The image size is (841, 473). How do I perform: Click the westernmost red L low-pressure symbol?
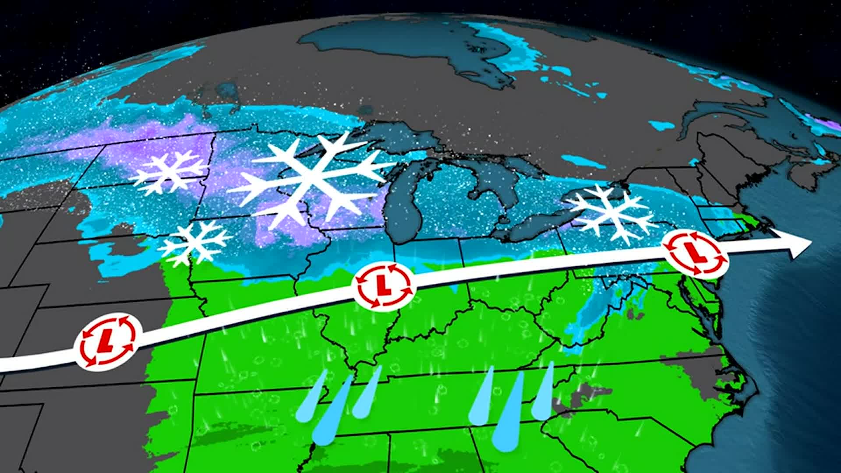point(108,340)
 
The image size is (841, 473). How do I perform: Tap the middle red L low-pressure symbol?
point(384,286)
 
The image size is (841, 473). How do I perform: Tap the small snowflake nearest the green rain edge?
point(195,243)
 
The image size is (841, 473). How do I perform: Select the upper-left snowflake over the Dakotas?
point(169,172)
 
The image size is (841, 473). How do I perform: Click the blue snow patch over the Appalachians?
point(596,307)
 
